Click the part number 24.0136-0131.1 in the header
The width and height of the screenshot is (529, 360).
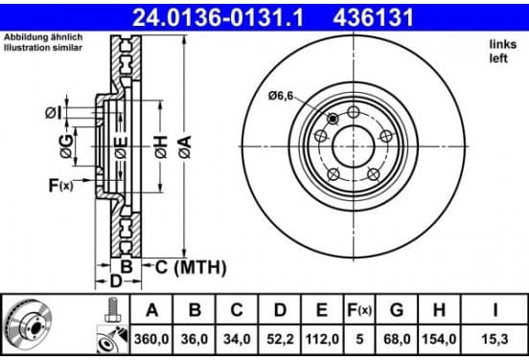[x=218, y=18]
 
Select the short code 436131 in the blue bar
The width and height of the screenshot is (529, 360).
[x=373, y=18]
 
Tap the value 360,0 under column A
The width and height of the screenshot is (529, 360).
[x=151, y=339]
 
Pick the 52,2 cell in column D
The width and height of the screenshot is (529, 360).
[x=280, y=339]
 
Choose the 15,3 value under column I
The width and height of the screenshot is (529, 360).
[x=494, y=339]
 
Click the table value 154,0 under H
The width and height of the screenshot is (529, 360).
[x=439, y=339]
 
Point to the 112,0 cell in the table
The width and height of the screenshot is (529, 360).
[x=322, y=339]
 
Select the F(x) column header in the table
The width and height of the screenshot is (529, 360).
[x=359, y=310]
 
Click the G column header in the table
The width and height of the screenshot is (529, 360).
[x=397, y=310]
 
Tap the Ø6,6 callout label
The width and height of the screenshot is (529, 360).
[x=281, y=97]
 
